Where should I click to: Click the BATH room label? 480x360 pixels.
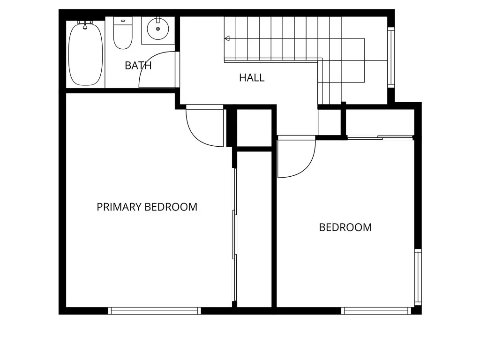pyautogui.click(x=138, y=66)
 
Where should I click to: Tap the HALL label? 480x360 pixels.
pyautogui.click(x=252, y=77)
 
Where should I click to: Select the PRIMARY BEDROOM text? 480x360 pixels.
pyautogui.click(x=147, y=207)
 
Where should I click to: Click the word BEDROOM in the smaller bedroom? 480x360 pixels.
pyautogui.click(x=345, y=227)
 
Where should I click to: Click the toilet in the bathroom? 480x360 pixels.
pyautogui.click(x=123, y=36)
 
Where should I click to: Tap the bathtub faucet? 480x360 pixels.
pyautogui.click(x=85, y=24)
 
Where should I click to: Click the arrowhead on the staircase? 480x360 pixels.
pyautogui.click(x=227, y=38)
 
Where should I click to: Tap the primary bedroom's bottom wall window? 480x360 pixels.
pyautogui.click(x=154, y=310)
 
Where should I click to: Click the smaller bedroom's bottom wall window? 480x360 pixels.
pyautogui.click(x=376, y=310)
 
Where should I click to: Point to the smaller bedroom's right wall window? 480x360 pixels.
pyautogui.click(x=417, y=277)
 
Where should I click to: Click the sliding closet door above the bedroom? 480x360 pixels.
pyautogui.click(x=380, y=137)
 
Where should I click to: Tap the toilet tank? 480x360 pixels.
pyautogui.click(x=123, y=21)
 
